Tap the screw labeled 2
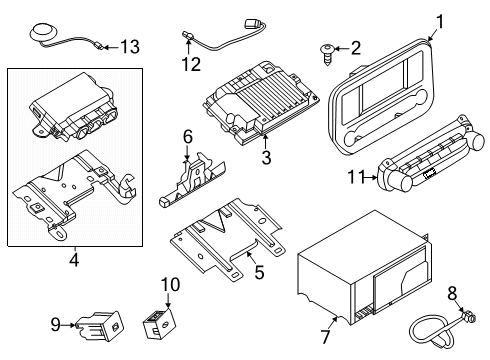tap(327, 47)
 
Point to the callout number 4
tap(73, 261)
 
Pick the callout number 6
tap(187, 136)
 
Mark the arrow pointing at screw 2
tap(341, 47)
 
